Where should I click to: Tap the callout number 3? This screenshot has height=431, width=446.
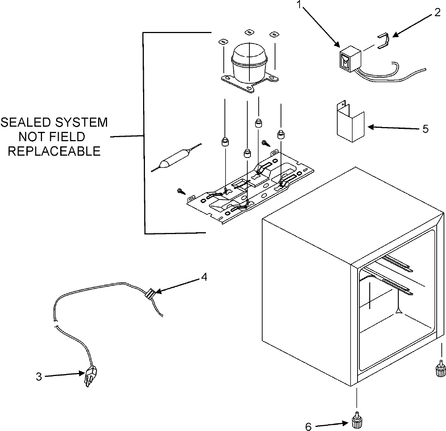[x=39, y=376]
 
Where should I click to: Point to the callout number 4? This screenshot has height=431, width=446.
[x=204, y=277]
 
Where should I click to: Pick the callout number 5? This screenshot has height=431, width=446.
[x=425, y=129]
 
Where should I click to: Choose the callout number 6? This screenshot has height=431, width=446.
[x=308, y=427]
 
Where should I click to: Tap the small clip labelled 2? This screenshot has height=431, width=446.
[x=384, y=41]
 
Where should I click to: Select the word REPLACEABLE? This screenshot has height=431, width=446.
[x=55, y=151]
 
